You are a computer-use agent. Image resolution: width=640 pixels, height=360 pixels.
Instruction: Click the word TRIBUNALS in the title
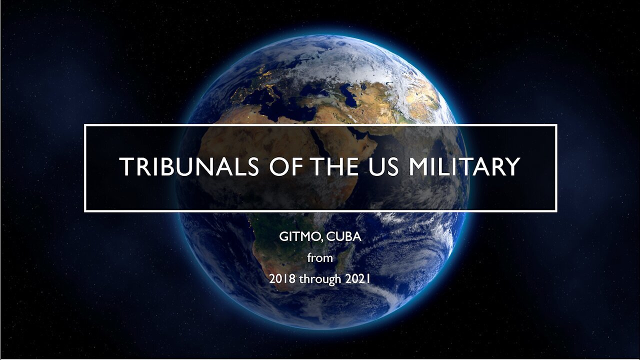[x=189, y=167]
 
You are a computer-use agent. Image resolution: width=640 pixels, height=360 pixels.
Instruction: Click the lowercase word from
[x=320, y=258]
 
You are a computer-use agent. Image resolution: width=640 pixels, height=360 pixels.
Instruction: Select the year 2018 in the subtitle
[x=282, y=279]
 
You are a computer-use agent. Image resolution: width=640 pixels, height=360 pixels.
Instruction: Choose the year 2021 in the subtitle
[x=357, y=279]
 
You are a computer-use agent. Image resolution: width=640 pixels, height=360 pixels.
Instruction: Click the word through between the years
[x=320, y=279]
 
